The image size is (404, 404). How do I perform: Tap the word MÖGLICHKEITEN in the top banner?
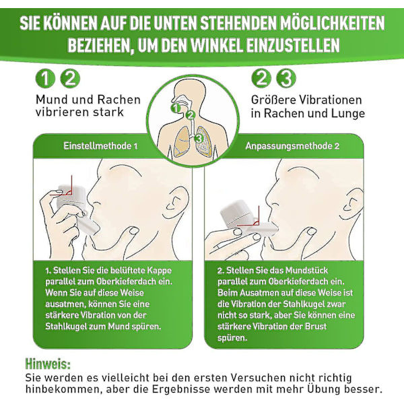[333, 23]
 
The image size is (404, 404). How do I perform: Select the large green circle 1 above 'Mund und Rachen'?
[45, 79]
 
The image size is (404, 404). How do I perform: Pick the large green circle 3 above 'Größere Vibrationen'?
[286, 78]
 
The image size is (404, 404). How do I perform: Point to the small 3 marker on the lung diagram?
[199, 138]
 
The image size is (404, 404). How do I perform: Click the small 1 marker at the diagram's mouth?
[176, 108]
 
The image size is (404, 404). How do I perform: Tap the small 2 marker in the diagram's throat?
[191, 115]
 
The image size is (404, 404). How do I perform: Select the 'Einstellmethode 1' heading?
[101, 146]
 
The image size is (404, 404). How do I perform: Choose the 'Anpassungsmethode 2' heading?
[292, 146]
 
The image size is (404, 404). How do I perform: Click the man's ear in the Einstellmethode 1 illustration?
[176, 200]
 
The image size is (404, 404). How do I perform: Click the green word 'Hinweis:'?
[48, 364]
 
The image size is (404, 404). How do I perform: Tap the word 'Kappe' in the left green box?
[159, 271]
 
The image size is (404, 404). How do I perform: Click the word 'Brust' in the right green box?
[316, 326]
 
